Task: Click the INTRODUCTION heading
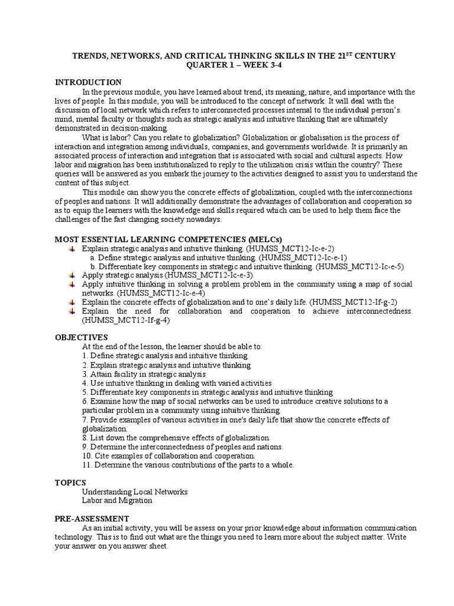tap(88, 82)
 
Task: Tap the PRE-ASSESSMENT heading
tap(92, 518)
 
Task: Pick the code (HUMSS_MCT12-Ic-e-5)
tap(360, 266)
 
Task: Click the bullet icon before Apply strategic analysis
tap(72, 275)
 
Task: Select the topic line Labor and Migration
tap(117, 500)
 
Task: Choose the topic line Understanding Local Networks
tap(135, 491)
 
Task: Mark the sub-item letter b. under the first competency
tap(93, 266)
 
